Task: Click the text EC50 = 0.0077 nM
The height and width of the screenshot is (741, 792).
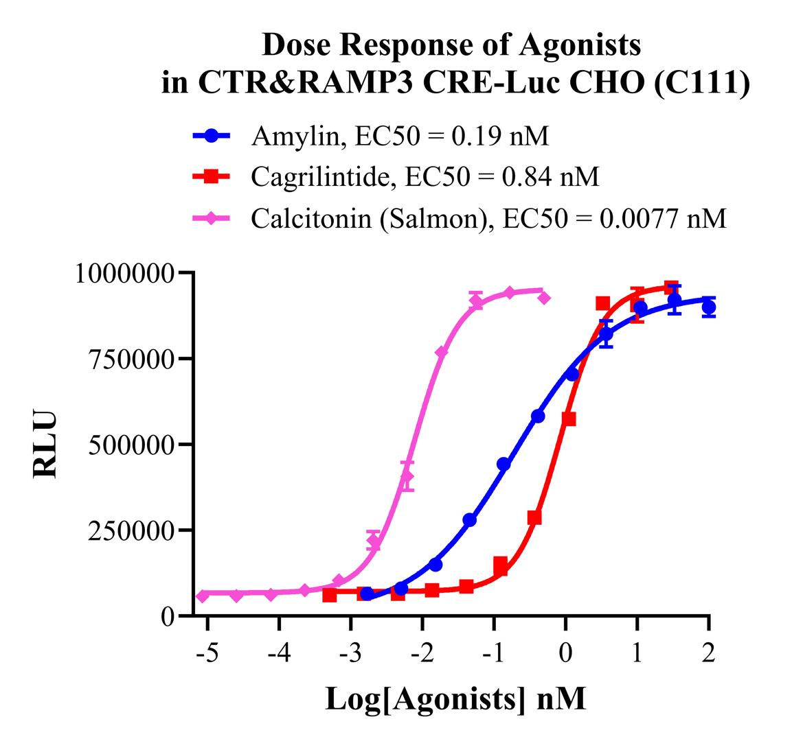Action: coord(614,219)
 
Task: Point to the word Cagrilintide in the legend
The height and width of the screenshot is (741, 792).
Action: coord(323,178)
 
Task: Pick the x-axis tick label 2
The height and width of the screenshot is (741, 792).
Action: coord(708,651)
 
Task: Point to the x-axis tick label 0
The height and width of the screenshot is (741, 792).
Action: coord(565,651)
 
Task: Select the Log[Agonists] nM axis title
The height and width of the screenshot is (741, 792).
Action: coord(455,699)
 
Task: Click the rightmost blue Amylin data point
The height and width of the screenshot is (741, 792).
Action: coord(708,307)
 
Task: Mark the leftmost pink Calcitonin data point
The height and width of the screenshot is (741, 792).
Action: coord(203,596)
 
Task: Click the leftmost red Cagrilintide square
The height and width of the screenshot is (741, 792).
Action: coord(330,595)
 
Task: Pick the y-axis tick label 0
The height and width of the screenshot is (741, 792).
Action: coord(168,616)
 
